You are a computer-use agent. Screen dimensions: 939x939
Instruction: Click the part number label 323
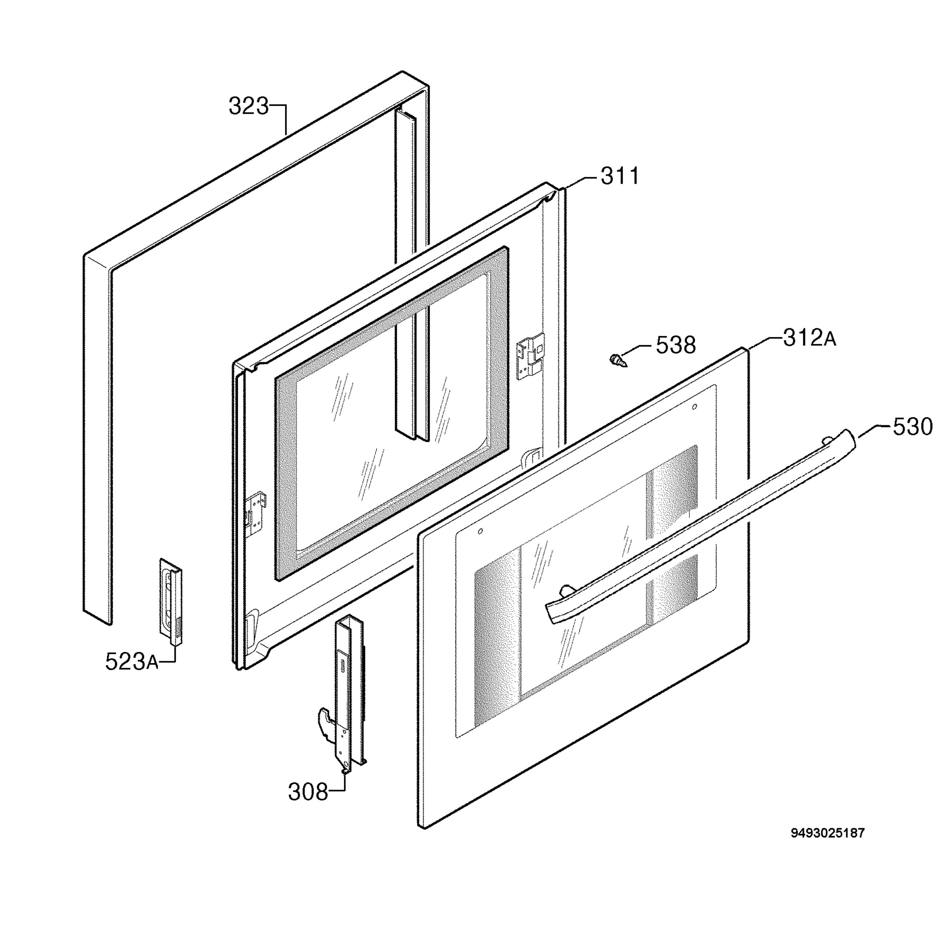point(248,106)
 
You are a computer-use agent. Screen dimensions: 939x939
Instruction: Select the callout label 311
point(620,176)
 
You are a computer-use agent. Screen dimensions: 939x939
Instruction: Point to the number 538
point(676,345)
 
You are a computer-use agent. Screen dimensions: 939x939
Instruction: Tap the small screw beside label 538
point(617,361)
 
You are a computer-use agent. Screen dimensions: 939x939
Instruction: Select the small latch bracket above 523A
point(171,602)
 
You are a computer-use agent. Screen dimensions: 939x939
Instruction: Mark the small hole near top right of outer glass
point(694,407)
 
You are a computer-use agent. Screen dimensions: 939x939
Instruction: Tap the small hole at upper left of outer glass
point(480,531)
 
